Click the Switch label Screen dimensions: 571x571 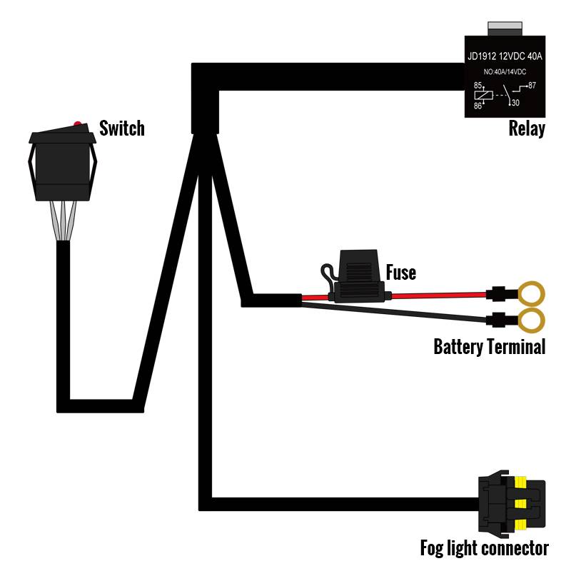122,128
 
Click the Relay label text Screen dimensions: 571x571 527,129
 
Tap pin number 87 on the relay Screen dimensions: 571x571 532,86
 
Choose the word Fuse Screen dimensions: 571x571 400,273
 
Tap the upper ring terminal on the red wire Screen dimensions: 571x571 532,293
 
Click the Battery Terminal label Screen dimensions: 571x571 490,348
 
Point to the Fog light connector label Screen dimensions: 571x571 484,549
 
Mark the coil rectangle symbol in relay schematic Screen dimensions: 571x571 484,96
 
